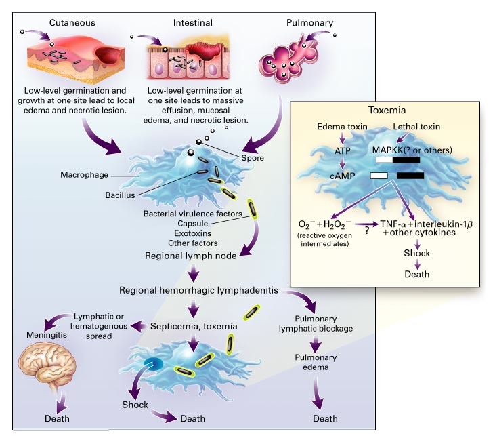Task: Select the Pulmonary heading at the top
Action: (x=309, y=22)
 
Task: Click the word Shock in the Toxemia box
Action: (x=417, y=254)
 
